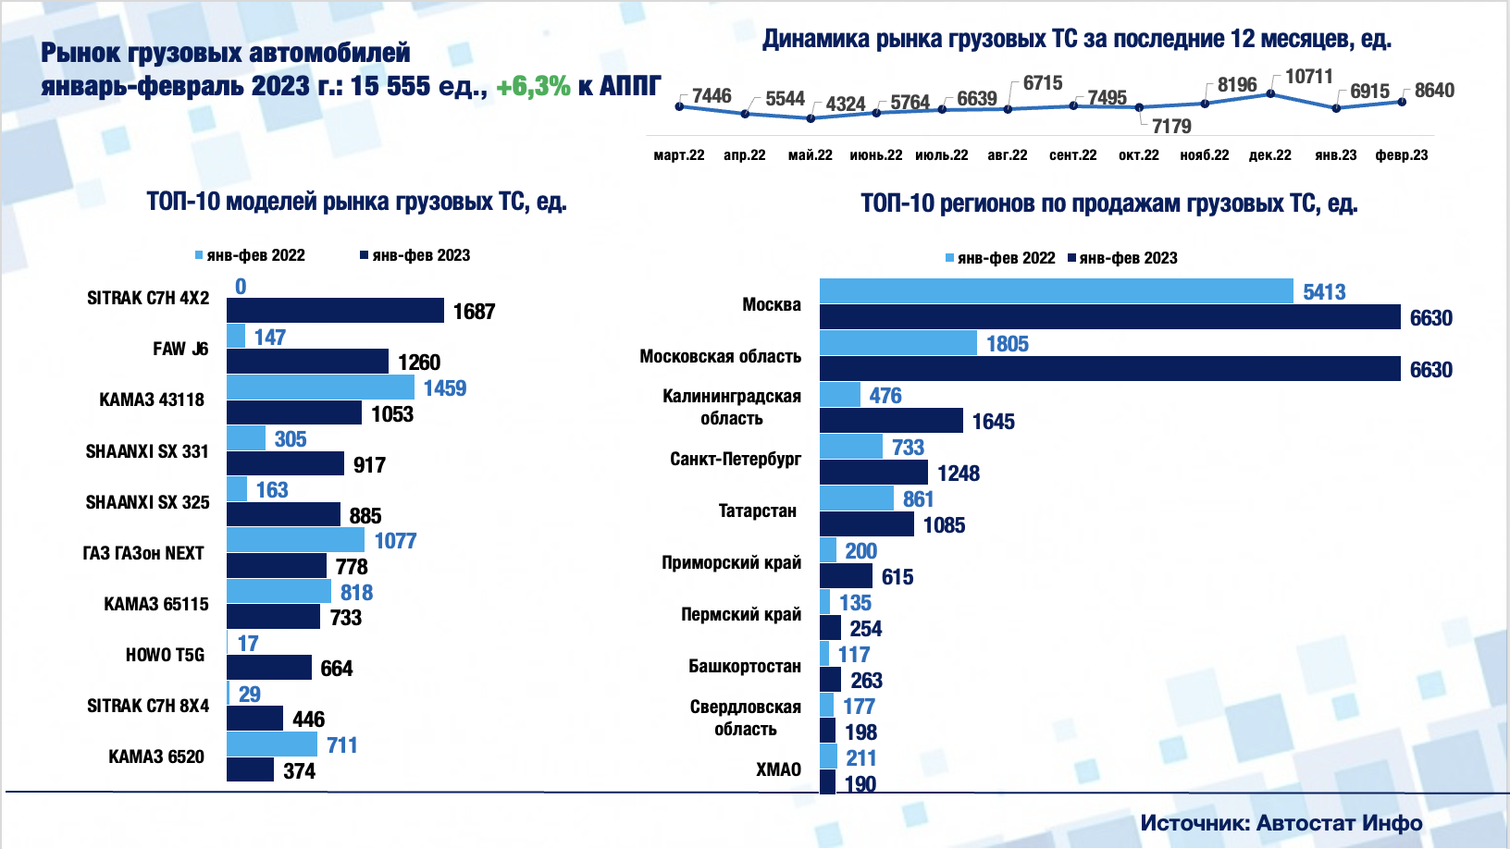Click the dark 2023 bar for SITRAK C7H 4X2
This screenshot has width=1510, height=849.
[335, 311]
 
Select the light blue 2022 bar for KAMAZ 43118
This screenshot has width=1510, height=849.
[320, 387]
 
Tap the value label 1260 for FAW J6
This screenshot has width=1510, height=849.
[419, 363]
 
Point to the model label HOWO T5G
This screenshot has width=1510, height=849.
[165, 655]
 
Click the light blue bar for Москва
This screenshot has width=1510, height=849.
[1056, 291]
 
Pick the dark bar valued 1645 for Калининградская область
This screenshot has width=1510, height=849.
[891, 421]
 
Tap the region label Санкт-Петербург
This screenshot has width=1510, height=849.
[736, 459]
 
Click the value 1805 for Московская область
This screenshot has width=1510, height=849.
[1007, 344]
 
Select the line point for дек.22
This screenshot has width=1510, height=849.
[1270, 93]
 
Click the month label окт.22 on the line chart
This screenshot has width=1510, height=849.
[1138, 155]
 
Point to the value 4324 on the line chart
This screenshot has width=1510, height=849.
[845, 104]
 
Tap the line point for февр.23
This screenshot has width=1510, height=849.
[1402, 102]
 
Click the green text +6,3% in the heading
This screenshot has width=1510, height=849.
[533, 86]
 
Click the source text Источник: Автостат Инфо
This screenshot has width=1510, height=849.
[1281, 822]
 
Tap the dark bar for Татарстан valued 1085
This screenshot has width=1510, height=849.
[867, 524]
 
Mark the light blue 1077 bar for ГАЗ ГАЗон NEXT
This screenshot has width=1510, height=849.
[295, 540]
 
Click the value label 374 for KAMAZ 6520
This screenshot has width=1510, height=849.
[299, 771]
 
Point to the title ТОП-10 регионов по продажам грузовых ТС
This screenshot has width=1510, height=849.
[1108, 203]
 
